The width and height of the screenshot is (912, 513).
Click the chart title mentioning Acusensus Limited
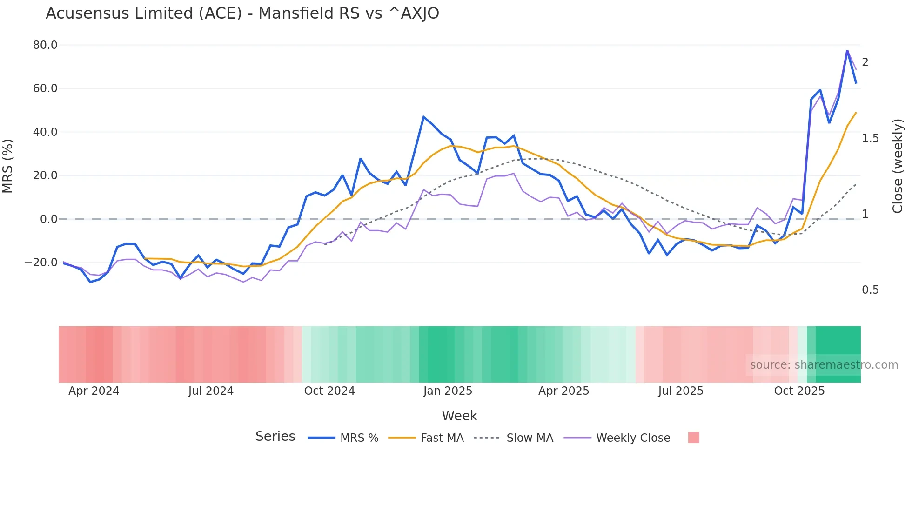pyautogui.click(x=242, y=13)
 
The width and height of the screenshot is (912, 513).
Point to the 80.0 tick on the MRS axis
pyautogui.click(x=45, y=45)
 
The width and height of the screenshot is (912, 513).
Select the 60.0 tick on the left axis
pyautogui.click(x=45, y=88)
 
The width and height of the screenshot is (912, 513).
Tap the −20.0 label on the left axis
pyautogui.click(x=41, y=263)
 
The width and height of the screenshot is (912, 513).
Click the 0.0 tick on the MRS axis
pyautogui.click(x=48, y=219)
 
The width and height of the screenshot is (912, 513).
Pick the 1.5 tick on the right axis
pyautogui.click(x=870, y=138)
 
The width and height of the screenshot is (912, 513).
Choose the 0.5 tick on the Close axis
pyautogui.click(x=870, y=290)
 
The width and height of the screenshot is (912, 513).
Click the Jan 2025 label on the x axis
pyautogui.click(x=448, y=391)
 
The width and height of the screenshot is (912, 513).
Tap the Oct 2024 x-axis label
pyautogui.click(x=329, y=391)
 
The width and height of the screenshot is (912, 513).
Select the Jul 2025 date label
pyautogui.click(x=680, y=391)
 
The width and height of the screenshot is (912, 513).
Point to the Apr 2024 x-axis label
pyautogui.click(x=94, y=391)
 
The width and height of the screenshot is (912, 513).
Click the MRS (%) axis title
pyautogui.click(x=8, y=166)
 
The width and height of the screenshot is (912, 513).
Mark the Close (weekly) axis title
pyautogui.click(x=898, y=166)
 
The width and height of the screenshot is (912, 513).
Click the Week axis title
pyautogui.click(x=459, y=416)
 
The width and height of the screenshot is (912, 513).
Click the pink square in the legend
pyautogui.click(x=693, y=438)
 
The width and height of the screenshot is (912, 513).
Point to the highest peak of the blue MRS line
pyautogui.click(x=847, y=50)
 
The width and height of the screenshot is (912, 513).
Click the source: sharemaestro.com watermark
pyautogui.click(x=824, y=365)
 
